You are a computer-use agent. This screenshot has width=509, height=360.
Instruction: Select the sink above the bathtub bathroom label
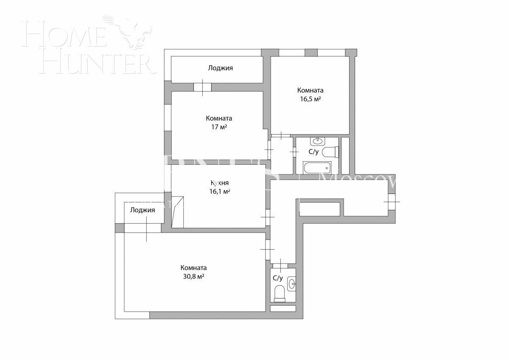pyautogui.click(x=317, y=141)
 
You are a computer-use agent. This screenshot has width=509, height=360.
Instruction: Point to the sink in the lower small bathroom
pyautogui.click(x=292, y=283)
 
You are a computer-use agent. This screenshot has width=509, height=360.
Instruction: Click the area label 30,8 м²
pyautogui.click(x=193, y=276)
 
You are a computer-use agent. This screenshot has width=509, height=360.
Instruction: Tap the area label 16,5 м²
pyautogui.click(x=310, y=99)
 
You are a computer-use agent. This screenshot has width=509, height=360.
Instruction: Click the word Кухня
pyautogui.click(x=220, y=183)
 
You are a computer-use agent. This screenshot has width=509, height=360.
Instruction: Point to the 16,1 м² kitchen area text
pyautogui.click(x=220, y=191)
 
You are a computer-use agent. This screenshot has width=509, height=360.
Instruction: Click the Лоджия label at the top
pyautogui.click(x=220, y=68)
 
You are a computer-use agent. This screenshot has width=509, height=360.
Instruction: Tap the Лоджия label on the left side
pyautogui.click(x=143, y=210)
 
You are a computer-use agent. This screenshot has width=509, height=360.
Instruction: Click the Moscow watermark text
pyautogui.click(x=358, y=182)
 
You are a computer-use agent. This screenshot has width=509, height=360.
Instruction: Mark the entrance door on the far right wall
pyautogui.click(x=391, y=202)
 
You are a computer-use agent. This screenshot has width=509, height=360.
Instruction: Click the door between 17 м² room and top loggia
pyautogui.click(x=202, y=87)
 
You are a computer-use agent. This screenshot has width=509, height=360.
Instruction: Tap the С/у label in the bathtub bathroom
pyautogui.click(x=313, y=152)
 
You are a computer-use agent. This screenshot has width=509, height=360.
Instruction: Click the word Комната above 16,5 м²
pyautogui.click(x=310, y=90)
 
